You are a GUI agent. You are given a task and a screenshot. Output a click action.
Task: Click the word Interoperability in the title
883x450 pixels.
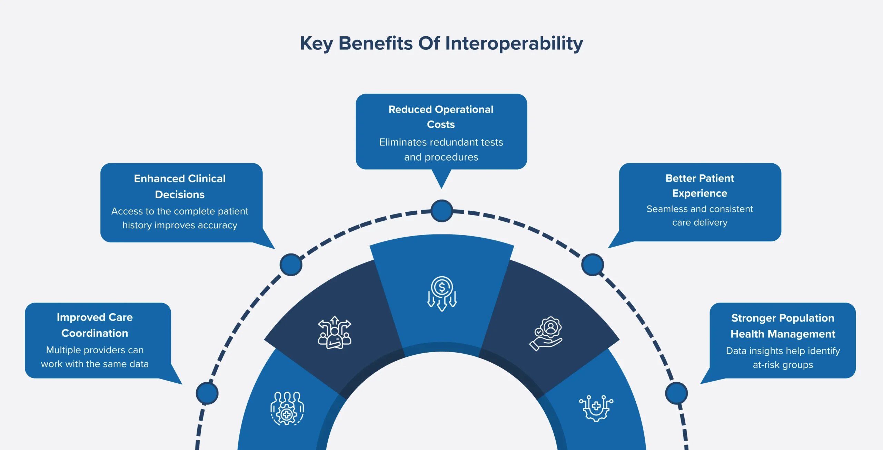pos(514,44)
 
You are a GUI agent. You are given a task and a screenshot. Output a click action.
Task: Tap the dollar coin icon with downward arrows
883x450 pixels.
pos(442,294)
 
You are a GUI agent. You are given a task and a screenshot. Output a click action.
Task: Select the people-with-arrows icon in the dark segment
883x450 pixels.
pos(334,332)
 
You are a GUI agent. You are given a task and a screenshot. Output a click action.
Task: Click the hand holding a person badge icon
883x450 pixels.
pos(546,333)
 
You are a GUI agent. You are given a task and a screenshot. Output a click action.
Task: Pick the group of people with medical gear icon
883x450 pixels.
pos(287,408)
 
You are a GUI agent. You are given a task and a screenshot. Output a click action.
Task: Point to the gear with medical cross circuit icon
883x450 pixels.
pos(596,408)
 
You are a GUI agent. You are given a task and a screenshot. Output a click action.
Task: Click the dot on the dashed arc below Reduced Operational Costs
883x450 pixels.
pos(442,211)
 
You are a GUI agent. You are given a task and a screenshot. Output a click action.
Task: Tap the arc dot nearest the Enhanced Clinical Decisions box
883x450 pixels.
pos(291,265)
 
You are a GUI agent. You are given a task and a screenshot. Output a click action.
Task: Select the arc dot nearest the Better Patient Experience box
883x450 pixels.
pos(592,265)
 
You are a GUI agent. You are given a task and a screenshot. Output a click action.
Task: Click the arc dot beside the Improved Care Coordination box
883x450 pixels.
pos(207,393)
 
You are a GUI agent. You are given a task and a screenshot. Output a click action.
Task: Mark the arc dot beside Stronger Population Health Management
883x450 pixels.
pos(676,393)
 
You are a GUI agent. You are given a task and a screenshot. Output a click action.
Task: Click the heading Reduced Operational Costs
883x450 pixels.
pos(441,117)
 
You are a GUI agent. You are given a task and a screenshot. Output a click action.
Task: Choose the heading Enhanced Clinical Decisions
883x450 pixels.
pos(180,186)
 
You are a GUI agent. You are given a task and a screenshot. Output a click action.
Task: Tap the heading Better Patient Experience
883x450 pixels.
pos(700,186)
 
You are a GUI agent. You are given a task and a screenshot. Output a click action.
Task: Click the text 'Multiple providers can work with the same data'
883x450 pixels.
pos(95,357)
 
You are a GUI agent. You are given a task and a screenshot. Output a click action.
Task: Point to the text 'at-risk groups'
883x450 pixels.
pos(783,365)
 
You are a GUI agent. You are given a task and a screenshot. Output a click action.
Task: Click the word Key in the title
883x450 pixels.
pos(316,44)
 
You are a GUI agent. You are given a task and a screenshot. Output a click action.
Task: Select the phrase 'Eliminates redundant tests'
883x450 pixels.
pos(441,142)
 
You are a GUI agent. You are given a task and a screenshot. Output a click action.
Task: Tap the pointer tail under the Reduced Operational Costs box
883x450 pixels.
pos(441,178)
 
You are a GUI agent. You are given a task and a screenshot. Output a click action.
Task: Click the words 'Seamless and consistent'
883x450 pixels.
pos(700,209)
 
